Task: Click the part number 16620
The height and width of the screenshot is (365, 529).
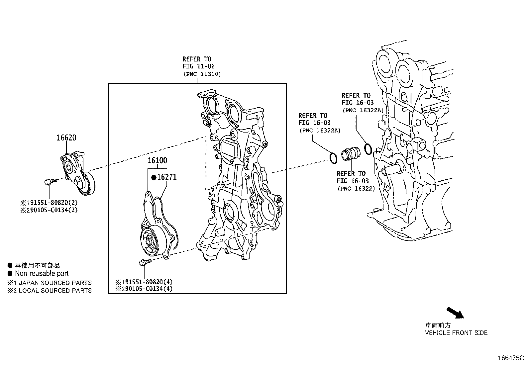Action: [x=66, y=137]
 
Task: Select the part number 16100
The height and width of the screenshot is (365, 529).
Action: [x=157, y=160]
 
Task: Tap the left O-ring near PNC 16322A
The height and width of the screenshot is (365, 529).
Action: [x=333, y=158]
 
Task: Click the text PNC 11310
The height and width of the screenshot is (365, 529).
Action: [x=202, y=74]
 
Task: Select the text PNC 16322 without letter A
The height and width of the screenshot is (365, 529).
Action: [x=356, y=189]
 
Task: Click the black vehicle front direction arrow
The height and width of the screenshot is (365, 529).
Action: [x=454, y=313]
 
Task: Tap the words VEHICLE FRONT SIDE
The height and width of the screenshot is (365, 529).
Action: [x=456, y=332]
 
